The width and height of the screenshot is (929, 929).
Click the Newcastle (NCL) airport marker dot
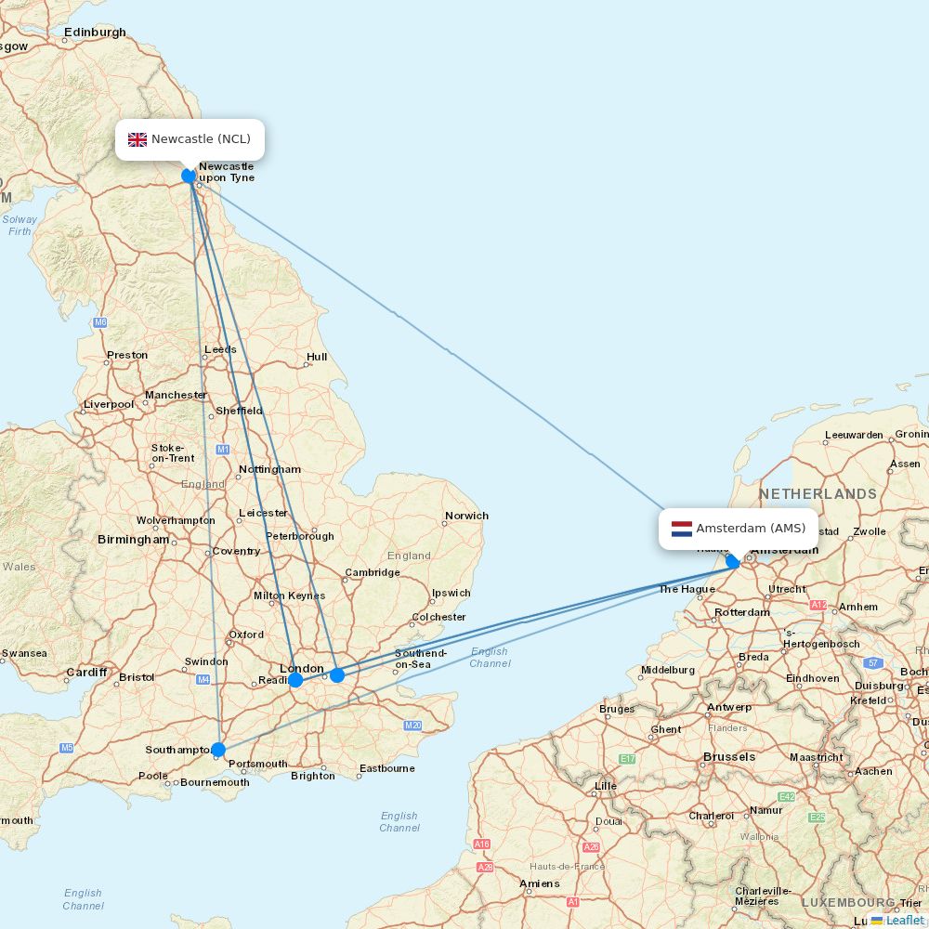(189, 175)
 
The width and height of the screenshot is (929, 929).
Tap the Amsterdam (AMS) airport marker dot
(733, 561)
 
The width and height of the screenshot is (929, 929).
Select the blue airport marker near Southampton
(218, 750)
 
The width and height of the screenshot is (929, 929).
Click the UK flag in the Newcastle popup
(137, 139)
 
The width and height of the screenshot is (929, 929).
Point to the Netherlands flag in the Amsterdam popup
(682, 529)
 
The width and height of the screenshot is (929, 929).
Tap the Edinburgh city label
(95, 33)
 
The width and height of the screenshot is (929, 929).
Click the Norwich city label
(466, 516)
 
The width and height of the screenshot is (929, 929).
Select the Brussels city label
(729, 757)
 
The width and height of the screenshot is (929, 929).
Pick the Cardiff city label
(86, 673)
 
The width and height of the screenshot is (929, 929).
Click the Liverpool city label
(109, 404)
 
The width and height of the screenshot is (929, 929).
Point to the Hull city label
(317, 357)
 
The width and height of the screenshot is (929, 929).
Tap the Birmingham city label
(134, 540)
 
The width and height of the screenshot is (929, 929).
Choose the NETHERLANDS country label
(818, 494)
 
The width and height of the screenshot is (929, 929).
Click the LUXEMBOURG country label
(848, 903)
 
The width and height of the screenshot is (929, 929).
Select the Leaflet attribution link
(904, 920)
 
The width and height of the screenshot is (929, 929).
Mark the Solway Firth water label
(20, 226)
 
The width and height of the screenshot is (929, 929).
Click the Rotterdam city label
(742, 612)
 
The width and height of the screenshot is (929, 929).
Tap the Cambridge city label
(373, 573)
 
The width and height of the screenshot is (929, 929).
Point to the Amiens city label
(540, 883)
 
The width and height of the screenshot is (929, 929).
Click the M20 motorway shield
(413, 725)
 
